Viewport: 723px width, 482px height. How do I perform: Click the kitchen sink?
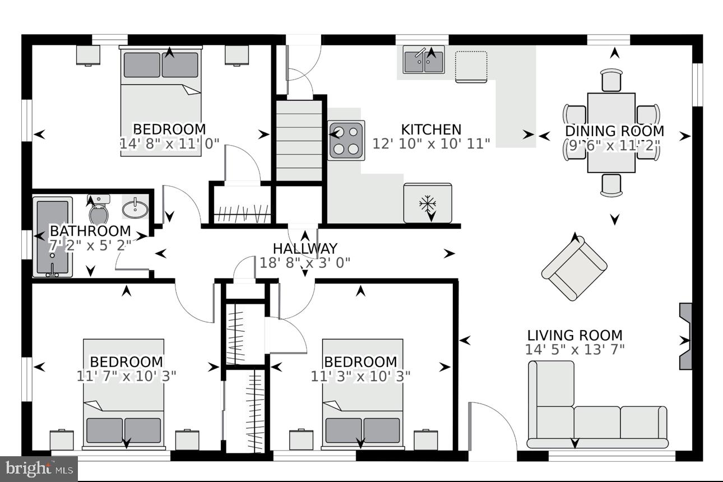pyautogui.click(x=424, y=60)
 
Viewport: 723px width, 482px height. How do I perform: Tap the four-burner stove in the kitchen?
pyautogui.click(x=346, y=141)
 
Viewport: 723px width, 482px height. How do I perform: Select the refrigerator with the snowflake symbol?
pyautogui.click(x=427, y=202)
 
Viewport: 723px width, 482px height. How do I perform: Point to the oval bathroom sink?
pyautogui.click(x=135, y=209)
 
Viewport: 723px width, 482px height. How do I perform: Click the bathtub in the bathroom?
pyautogui.click(x=54, y=237)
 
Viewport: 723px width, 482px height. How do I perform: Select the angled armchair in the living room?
pyautogui.click(x=574, y=268)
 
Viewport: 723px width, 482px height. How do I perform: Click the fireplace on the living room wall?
pyautogui.click(x=685, y=336)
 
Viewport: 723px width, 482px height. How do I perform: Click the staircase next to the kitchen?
pyautogui.click(x=299, y=140)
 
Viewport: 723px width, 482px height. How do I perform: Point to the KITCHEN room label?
pyautogui.click(x=431, y=130)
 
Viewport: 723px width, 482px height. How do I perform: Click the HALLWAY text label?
pyautogui.click(x=305, y=248)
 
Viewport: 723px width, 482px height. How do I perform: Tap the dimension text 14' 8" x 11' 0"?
pyautogui.click(x=169, y=143)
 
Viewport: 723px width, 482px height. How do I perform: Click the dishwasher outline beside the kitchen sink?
pyautogui.click(x=471, y=67)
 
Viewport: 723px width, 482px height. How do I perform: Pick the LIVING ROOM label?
pyautogui.click(x=574, y=335)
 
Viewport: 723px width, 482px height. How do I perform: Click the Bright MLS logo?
pyautogui.click(x=39, y=467)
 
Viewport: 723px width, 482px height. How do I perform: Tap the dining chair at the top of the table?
pyautogui.click(x=611, y=80)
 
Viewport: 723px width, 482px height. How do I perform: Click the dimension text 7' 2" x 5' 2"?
pyautogui.click(x=90, y=245)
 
